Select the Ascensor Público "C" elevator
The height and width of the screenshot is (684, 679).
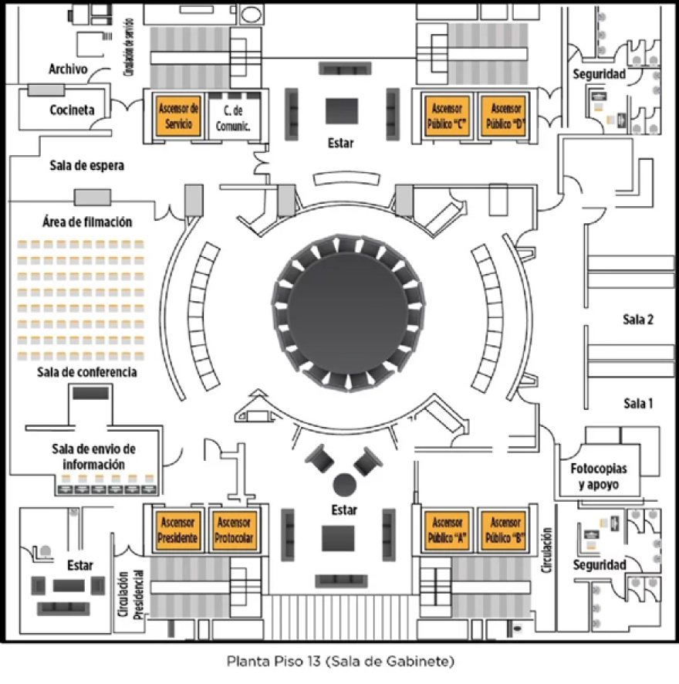pyautogui.click(x=448, y=117)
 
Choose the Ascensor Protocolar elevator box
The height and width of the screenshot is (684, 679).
pyautogui.click(x=234, y=531)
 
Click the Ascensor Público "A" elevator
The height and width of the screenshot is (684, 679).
pyautogui.click(x=448, y=531)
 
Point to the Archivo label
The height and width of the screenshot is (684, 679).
pyautogui.click(x=68, y=69)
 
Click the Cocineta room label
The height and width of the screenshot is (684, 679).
pyautogui.click(x=72, y=110)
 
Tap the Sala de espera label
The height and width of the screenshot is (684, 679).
pyautogui.click(x=86, y=165)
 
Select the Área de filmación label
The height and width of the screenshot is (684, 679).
pyautogui.click(x=86, y=222)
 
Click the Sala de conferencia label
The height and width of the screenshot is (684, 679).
pyautogui.click(x=86, y=372)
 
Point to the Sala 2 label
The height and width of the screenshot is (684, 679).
pyautogui.click(x=638, y=319)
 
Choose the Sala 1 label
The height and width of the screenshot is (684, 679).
pyautogui.click(x=638, y=402)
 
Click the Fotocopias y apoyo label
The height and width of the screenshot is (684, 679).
pyautogui.click(x=599, y=477)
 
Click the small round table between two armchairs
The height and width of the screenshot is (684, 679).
pyautogui.click(x=344, y=484)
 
